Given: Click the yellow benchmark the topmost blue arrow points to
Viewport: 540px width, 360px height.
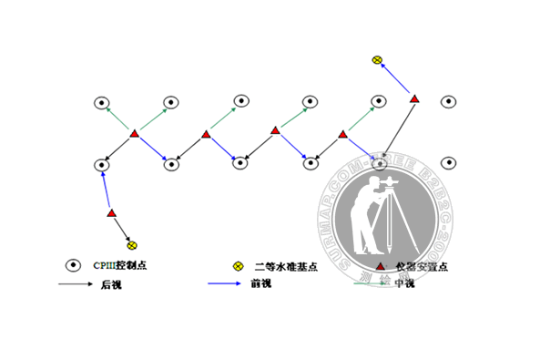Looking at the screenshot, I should pyautogui.click(x=377, y=60).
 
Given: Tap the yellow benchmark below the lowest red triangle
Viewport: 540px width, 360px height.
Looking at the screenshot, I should pyautogui.click(x=132, y=245).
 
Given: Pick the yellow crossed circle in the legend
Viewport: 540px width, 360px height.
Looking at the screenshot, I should pyautogui.click(x=239, y=266).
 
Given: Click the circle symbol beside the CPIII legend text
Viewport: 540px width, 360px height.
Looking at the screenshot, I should pyautogui.click(x=73, y=265).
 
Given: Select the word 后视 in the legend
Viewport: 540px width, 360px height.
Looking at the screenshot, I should pyautogui.click(x=109, y=284).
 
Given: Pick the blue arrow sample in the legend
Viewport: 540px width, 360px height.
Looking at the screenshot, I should pyautogui.click(x=225, y=284).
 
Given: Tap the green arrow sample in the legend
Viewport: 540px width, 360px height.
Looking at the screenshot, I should pyautogui.click(x=372, y=284).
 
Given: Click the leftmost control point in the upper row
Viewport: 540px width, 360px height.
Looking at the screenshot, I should pyautogui.click(x=102, y=102).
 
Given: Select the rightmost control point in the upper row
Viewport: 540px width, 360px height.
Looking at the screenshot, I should pyautogui.click(x=449, y=101).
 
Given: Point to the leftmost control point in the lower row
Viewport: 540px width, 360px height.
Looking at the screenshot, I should pyautogui.click(x=101, y=165).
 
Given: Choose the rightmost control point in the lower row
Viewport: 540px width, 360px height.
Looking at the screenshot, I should pyautogui.click(x=449, y=164).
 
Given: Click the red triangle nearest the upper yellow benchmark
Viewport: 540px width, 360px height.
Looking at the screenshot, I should pyautogui.click(x=414, y=98).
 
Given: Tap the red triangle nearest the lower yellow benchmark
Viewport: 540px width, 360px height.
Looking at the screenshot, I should pyautogui.click(x=111, y=213).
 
